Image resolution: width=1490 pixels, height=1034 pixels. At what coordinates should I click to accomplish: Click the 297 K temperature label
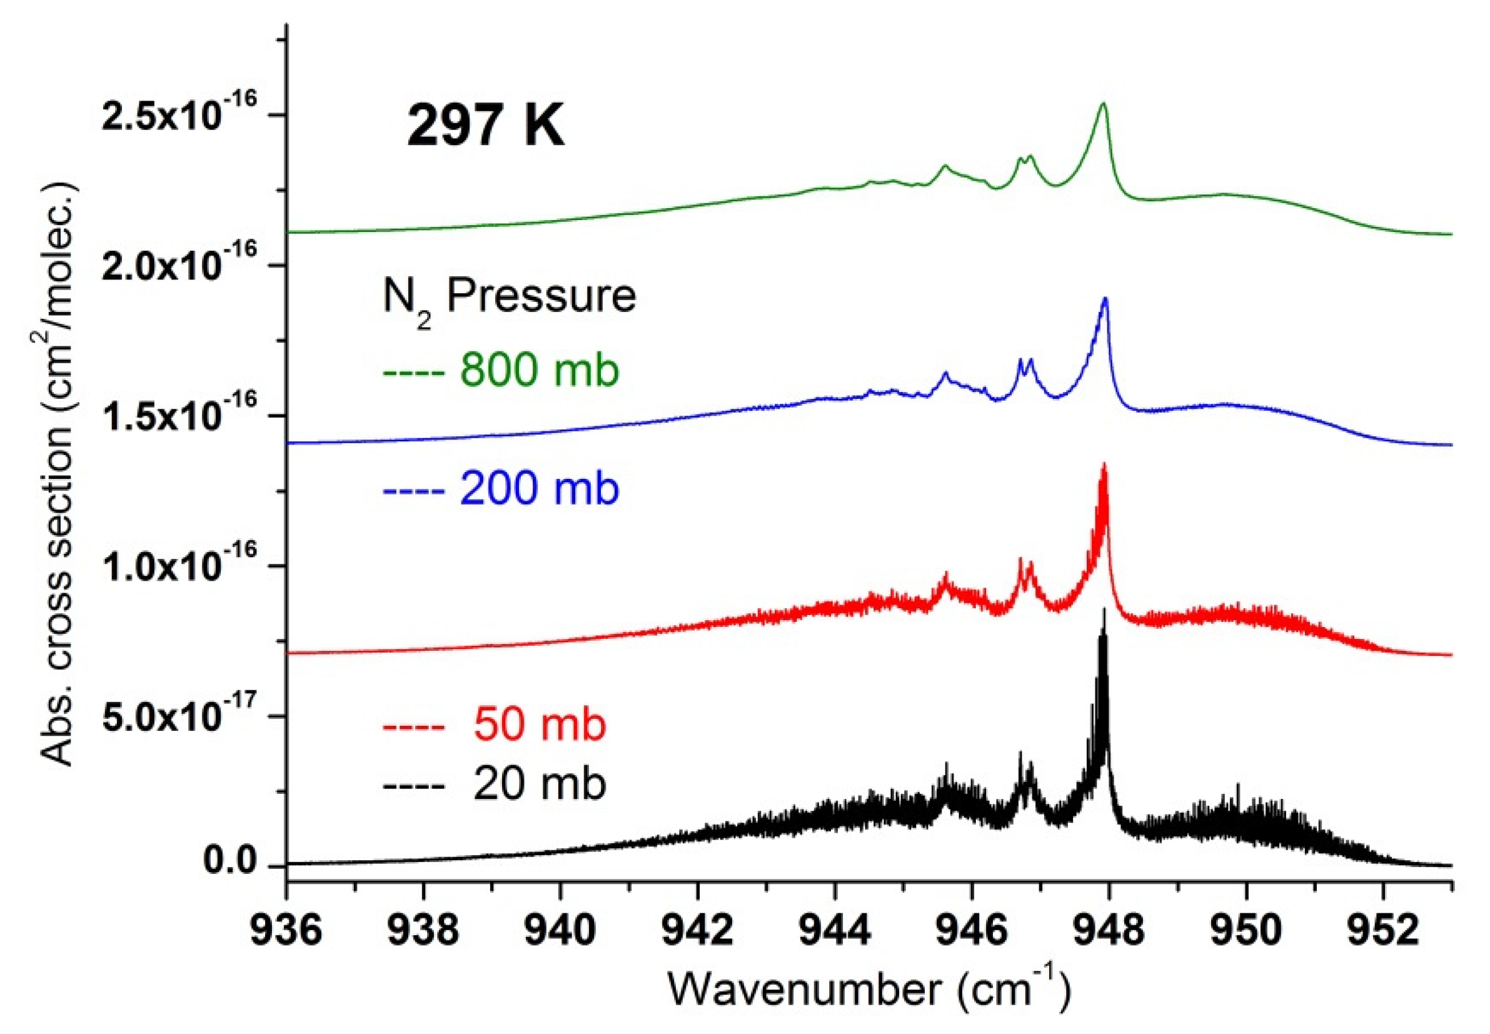485,126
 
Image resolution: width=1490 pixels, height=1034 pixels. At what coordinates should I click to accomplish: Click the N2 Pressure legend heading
509,299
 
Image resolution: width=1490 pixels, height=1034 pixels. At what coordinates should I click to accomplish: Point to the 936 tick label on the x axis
286,931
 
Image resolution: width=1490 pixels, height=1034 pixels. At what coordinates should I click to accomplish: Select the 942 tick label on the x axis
697,931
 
